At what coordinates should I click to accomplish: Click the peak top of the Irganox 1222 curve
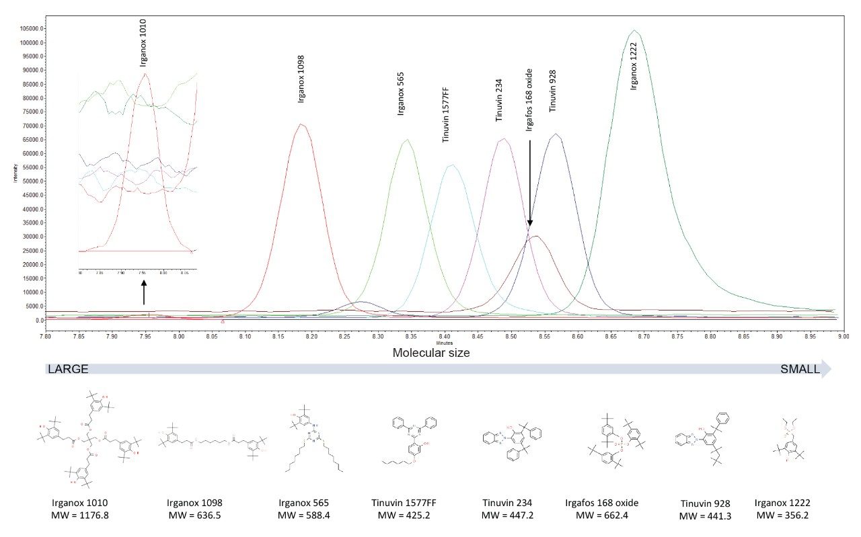tap(634, 30)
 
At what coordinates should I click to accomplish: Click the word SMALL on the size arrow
tap(800, 369)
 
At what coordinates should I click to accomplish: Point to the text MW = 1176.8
tap(79, 515)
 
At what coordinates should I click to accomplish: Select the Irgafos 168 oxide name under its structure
tap(603, 503)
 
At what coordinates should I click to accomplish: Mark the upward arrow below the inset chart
tap(143, 292)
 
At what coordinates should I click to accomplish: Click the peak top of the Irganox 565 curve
tap(407, 140)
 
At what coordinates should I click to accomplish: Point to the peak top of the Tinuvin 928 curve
tap(556, 134)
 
